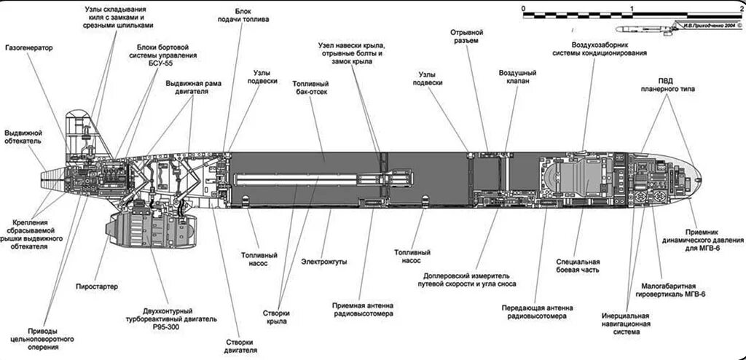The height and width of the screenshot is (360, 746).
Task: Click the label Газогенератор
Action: pyautogui.click(x=29, y=48)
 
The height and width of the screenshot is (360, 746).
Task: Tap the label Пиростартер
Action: pyautogui.click(x=95, y=286)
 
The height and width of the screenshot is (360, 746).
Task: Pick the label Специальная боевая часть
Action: pyautogui.click(x=578, y=265)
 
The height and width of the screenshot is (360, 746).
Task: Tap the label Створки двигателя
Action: pyautogui.click(x=241, y=345)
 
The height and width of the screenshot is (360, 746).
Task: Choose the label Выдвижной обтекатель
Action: pyautogui.click(x=23, y=138)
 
